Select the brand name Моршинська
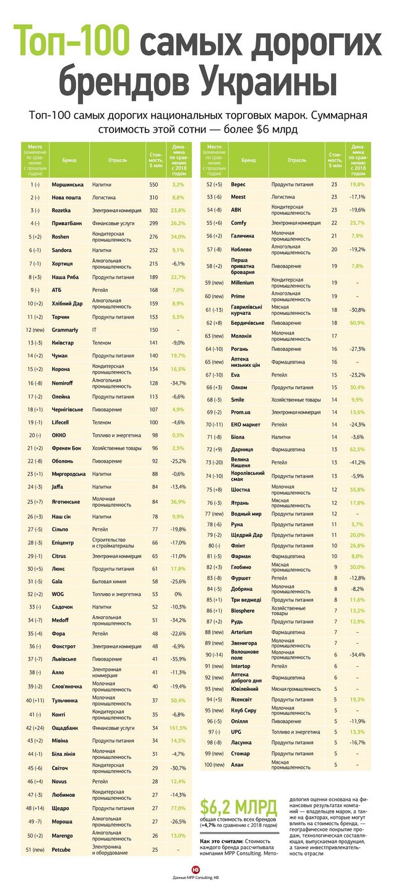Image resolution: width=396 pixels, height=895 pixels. pos(67,185)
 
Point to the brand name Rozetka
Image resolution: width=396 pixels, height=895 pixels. pos(63,210)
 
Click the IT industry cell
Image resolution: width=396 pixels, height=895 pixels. pos(95,330)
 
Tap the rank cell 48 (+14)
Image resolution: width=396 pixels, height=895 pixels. pos(35,808)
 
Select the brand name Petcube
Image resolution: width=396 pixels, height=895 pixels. pos(64,849)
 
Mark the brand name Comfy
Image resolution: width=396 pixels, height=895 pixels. pos(238,222)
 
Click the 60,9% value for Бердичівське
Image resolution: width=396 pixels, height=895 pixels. pos(356,323)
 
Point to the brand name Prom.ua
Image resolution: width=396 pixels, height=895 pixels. pos(242,412)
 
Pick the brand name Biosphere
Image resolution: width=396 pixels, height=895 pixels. pos(243,610)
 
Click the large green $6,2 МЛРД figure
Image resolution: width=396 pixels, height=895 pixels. pos(238,807)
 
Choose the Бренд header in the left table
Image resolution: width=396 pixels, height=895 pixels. pos(69,160)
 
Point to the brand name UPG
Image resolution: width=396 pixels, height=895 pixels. pos(236,731)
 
